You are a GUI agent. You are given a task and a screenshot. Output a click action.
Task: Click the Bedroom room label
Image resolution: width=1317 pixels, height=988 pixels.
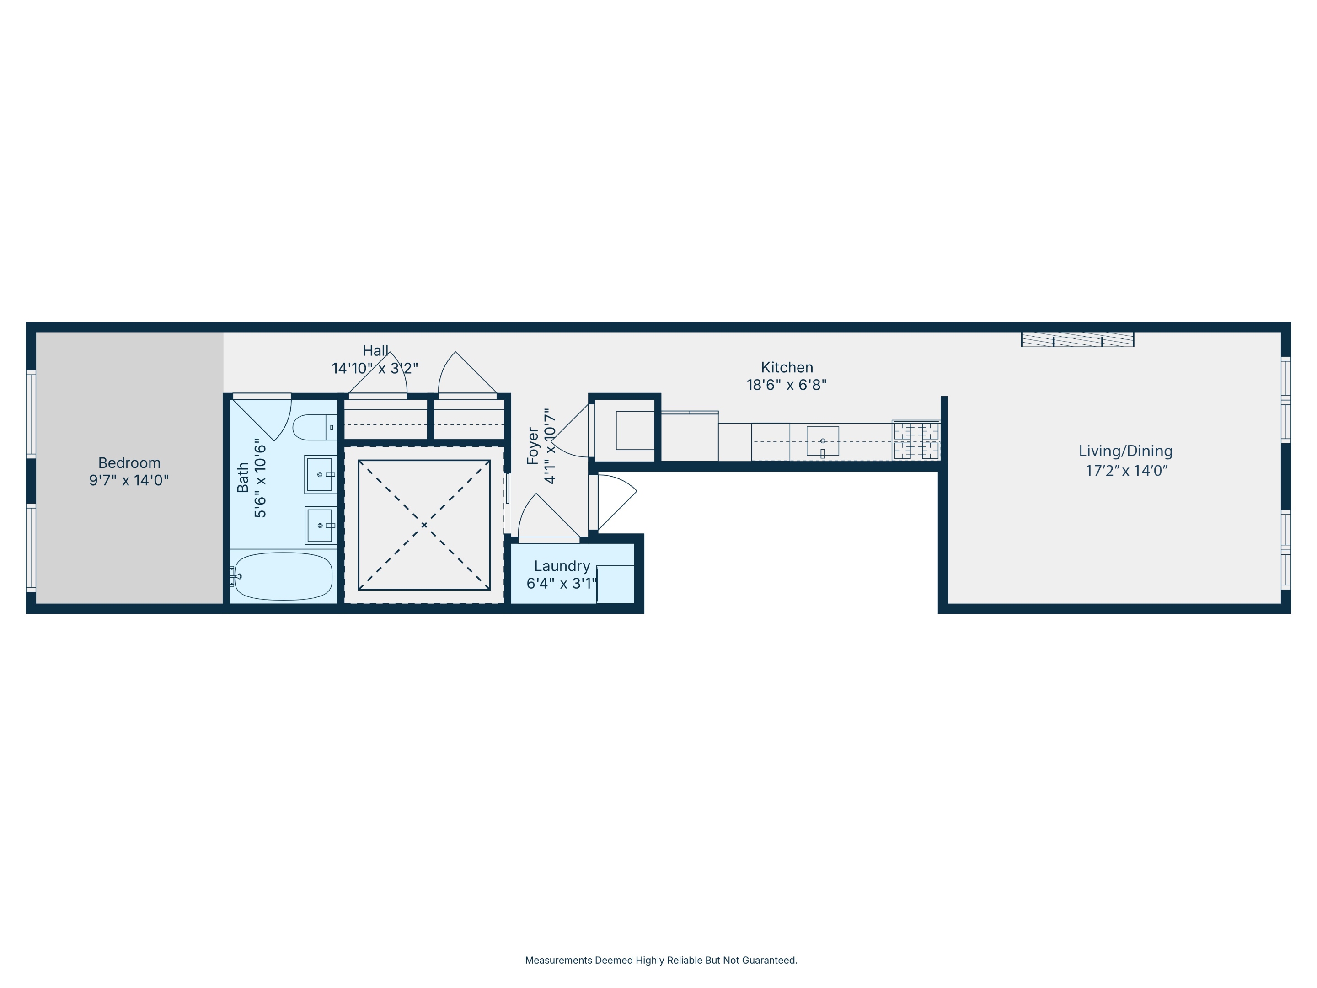pos(129,463)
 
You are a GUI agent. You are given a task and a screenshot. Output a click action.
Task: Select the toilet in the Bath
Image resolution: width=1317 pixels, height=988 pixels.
pos(314,427)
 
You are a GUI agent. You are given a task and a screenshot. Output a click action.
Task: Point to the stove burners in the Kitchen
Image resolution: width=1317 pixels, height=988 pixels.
pos(915,440)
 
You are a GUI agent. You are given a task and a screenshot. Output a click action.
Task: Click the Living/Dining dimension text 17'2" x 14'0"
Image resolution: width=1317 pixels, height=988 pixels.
pos(1126,471)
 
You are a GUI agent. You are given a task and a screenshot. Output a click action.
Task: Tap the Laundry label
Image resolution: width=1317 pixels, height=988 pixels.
pos(562,566)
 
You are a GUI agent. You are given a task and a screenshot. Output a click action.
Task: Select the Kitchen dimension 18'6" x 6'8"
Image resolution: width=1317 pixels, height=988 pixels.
pos(787,385)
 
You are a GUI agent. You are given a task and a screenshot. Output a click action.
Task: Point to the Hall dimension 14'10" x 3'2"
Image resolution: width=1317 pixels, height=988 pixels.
pos(375,369)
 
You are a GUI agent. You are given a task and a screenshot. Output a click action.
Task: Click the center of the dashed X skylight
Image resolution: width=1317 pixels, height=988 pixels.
pos(424,525)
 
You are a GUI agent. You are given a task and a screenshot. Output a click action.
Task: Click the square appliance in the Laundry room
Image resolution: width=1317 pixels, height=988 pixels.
pos(615,584)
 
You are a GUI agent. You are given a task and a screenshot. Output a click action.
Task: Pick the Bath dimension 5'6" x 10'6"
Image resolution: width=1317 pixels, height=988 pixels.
pos(260,478)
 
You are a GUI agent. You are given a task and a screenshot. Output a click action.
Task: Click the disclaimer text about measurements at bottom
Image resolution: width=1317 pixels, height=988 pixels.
pos(661,960)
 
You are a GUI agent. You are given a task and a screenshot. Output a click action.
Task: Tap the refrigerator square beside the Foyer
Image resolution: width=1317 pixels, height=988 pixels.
pos(635,430)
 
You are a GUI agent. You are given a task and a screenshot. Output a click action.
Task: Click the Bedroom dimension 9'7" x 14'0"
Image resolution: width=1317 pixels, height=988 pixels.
pos(129,480)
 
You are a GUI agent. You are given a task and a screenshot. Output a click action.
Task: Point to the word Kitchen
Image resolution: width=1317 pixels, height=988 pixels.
pos(787,367)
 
